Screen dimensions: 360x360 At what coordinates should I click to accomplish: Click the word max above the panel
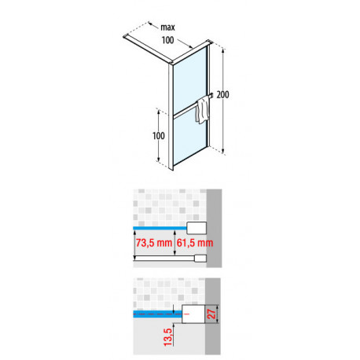pyautogui.click(x=167, y=28)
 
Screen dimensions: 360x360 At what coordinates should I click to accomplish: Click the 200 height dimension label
pyautogui.click(x=222, y=94)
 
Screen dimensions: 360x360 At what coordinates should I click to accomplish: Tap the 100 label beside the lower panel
pyautogui.click(x=159, y=136)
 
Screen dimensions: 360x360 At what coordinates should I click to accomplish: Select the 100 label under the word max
pyautogui.click(x=167, y=40)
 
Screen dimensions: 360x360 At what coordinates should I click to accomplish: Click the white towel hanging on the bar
pyautogui.click(x=202, y=109)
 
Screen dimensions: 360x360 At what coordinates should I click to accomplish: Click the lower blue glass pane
pyautogui.click(x=190, y=139)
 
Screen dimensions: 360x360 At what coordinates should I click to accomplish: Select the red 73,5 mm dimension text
pyautogui.click(x=154, y=243)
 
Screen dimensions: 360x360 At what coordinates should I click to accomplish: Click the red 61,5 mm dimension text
pyautogui.click(x=195, y=243)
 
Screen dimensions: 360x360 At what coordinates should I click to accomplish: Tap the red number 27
pyautogui.click(x=211, y=314)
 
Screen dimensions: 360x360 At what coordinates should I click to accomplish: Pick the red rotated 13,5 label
pyautogui.click(x=168, y=336)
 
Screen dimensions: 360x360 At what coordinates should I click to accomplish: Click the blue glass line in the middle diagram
pyautogui.click(x=160, y=228)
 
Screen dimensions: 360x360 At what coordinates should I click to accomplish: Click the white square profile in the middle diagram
pyautogui.click(x=197, y=228)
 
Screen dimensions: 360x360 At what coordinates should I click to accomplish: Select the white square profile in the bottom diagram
pyautogui.click(x=193, y=314)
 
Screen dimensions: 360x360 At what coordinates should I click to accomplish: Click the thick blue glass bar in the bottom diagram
pyautogui.click(x=157, y=314)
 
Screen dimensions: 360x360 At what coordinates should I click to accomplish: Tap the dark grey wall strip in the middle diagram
pyautogui.click(x=214, y=228)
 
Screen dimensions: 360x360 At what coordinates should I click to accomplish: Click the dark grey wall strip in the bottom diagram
pyautogui.click(x=213, y=316)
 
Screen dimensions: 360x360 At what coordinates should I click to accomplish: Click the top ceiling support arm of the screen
pyautogui.click(x=147, y=49)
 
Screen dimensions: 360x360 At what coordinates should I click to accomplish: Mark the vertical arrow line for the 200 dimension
pyautogui.click(x=223, y=101)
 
